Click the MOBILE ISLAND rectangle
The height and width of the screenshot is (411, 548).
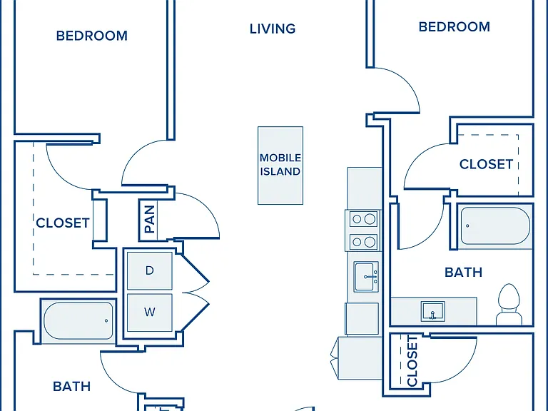pos(280,166)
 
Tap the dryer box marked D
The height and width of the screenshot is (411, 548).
pos(150,270)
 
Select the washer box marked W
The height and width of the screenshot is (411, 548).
pos(150,312)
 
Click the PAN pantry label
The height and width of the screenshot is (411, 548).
pos(149,219)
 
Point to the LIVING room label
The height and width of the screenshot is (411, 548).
pos(273,29)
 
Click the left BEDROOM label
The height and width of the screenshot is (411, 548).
pos(92,36)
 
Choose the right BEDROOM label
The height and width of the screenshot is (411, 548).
pos(455,26)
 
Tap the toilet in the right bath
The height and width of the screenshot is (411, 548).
pos(509,305)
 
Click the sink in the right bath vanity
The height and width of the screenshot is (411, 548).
pos(432,311)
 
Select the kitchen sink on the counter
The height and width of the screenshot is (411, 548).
pos(366,277)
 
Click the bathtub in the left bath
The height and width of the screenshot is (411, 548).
pos(78,321)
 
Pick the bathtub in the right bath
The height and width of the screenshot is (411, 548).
pos(495,226)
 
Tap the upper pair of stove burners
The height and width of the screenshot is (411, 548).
pos(363,219)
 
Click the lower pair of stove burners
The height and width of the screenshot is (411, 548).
pos(363,241)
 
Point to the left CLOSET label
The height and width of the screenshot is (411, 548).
pos(63,223)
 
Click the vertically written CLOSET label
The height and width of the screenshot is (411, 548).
pos(412,361)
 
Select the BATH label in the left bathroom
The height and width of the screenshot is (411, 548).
pos(71,386)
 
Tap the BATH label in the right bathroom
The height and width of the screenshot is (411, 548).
pos(463,273)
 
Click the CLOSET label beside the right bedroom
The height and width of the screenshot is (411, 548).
pos(486,164)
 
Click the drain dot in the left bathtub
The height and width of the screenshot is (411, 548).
pos(106,321)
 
